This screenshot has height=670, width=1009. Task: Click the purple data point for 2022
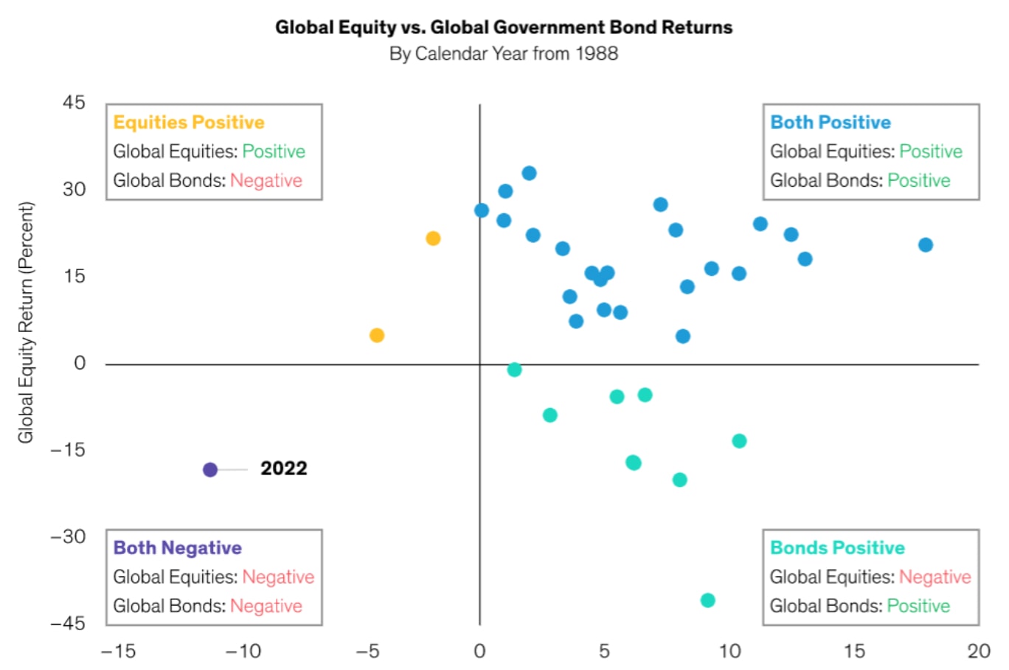(210, 469)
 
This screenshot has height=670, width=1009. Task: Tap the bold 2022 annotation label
(283, 469)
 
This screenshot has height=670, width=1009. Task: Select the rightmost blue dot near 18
(926, 245)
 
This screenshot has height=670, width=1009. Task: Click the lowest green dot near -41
(707, 600)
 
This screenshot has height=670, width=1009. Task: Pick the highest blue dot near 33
(529, 173)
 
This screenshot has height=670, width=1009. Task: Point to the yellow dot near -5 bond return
(377, 336)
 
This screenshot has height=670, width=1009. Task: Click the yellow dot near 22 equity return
(433, 238)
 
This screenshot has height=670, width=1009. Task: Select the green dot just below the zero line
(514, 370)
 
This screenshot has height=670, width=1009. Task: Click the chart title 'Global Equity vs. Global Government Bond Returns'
(504, 27)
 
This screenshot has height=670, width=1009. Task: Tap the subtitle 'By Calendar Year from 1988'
(504, 54)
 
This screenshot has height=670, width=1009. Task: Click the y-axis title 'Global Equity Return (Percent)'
(27, 322)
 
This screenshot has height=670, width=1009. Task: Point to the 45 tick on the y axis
(74, 103)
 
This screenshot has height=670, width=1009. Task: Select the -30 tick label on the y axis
(68, 536)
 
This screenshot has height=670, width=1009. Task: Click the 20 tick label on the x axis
(979, 651)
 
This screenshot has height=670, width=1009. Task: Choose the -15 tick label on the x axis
(118, 651)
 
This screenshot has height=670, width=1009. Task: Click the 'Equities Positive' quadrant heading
(189, 122)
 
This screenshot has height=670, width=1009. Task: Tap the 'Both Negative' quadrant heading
(178, 548)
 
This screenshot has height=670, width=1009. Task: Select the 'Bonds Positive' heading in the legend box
(837, 548)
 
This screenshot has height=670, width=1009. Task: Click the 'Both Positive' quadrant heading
(831, 122)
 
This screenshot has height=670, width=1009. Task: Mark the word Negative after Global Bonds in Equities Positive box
(266, 181)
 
